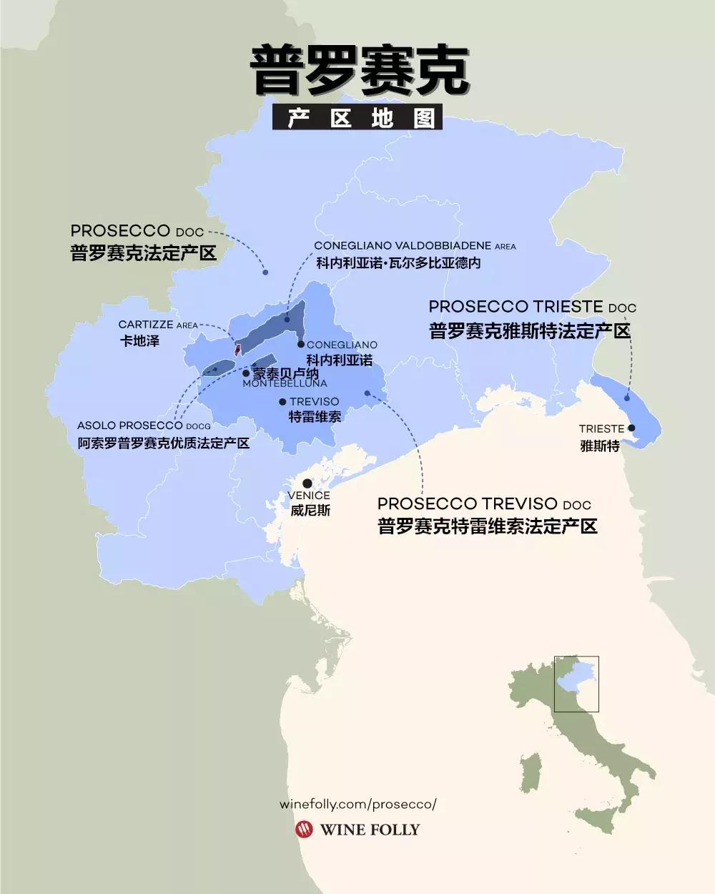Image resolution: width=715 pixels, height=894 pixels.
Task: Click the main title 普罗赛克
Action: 359,72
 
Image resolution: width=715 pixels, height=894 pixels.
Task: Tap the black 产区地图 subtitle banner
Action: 357,118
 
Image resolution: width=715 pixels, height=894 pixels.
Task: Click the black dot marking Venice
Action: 307,483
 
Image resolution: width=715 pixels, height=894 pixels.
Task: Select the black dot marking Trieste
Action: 631,428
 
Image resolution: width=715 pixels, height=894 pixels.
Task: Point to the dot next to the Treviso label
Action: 282,402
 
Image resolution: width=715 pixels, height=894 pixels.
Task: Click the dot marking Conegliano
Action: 302,345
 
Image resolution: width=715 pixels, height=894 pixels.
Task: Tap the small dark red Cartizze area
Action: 237,349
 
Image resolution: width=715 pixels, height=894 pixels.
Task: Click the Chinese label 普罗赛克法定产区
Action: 143,253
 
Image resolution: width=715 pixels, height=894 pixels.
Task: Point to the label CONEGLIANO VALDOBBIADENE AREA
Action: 415,246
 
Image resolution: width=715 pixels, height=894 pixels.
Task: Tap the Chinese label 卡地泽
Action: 139,341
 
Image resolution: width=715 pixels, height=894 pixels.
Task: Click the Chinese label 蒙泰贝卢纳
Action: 285,373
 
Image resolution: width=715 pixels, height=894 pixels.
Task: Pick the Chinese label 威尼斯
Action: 310,511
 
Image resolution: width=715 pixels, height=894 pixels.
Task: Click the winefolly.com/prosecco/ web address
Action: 357,804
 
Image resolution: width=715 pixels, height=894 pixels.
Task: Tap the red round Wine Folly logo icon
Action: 304,830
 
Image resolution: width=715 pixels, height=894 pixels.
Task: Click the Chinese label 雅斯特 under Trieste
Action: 599,445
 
